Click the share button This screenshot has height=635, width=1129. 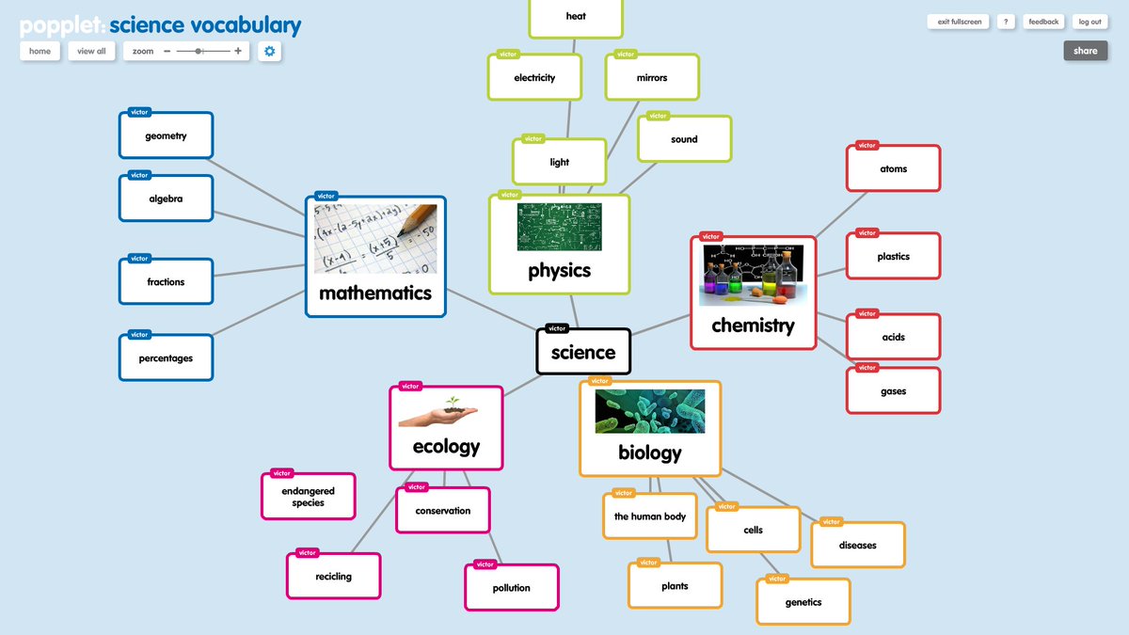click(x=1085, y=51)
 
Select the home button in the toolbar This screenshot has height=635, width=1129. click(x=40, y=51)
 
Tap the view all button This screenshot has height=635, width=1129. click(x=91, y=51)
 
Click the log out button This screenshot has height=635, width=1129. click(x=1089, y=22)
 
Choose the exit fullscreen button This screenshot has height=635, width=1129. click(x=959, y=22)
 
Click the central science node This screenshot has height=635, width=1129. click(x=583, y=353)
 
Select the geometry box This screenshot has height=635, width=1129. click(x=166, y=136)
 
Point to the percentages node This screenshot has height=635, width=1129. click(x=166, y=358)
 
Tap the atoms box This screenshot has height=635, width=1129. click(x=893, y=169)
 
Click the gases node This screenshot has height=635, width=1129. click(x=893, y=391)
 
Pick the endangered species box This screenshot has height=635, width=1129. click(x=308, y=497)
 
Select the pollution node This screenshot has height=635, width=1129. click(x=511, y=588)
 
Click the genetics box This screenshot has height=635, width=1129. click(x=803, y=602)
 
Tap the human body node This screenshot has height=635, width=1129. click(x=649, y=516)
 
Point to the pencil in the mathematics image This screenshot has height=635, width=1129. click(x=412, y=220)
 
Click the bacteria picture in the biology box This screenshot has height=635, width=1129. click(x=649, y=411)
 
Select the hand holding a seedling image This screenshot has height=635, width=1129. click(x=438, y=412)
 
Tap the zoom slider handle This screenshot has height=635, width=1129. click(x=199, y=51)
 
